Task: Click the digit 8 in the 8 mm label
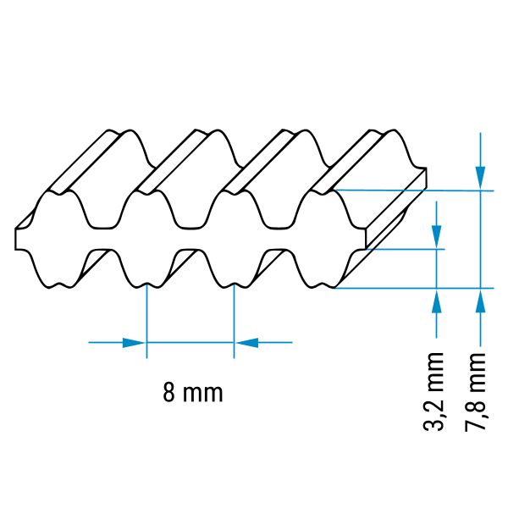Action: click(x=168, y=392)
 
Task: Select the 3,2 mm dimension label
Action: click(x=433, y=391)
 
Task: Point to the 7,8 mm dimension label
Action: click(x=475, y=392)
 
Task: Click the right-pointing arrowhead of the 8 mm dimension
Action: click(x=133, y=342)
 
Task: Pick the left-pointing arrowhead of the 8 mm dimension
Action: click(x=247, y=342)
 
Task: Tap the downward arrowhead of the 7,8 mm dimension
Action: click(x=480, y=178)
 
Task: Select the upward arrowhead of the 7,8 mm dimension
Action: click(x=480, y=301)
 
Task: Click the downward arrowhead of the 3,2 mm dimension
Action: click(x=437, y=236)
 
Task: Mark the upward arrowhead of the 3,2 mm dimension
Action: click(x=437, y=301)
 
